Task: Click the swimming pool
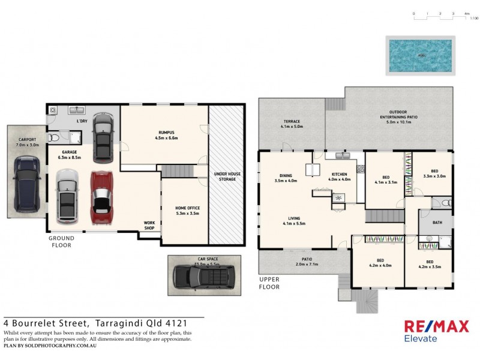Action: click(419, 56)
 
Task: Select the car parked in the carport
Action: click(27, 184)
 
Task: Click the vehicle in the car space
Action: click(204, 276)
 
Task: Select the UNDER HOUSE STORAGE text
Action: click(226, 178)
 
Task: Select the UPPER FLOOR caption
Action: click(269, 283)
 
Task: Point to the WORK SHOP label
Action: click(149, 225)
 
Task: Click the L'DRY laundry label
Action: click(82, 122)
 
